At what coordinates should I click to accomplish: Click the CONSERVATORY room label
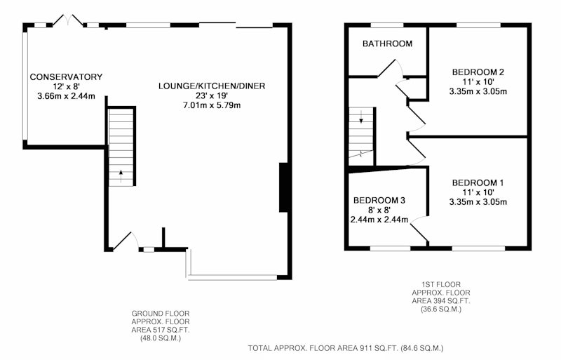point(66,76)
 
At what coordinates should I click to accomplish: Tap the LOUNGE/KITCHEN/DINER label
point(212,86)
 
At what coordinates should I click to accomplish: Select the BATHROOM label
point(388,44)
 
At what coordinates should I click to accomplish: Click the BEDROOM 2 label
point(478,72)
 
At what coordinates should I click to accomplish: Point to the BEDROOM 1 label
point(478,182)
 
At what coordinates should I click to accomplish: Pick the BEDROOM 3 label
point(379,200)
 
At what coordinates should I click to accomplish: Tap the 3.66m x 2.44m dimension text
point(66,96)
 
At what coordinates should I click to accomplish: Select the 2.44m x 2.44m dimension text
point(379,220)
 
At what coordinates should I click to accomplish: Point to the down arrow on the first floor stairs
point(361,117)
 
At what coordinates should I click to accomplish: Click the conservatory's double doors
point(68,20)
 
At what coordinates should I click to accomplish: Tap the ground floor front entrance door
point(126,241)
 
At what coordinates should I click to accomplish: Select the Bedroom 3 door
point(419,229)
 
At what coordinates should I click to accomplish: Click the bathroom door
point(391,68)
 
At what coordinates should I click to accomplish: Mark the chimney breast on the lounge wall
point(284,187)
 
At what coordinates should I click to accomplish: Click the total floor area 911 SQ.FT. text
point(346,348)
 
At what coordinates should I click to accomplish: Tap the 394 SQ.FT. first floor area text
point(441,301)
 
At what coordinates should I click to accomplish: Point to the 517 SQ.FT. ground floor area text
point(161,330)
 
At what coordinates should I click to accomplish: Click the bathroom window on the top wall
point(387,25)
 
